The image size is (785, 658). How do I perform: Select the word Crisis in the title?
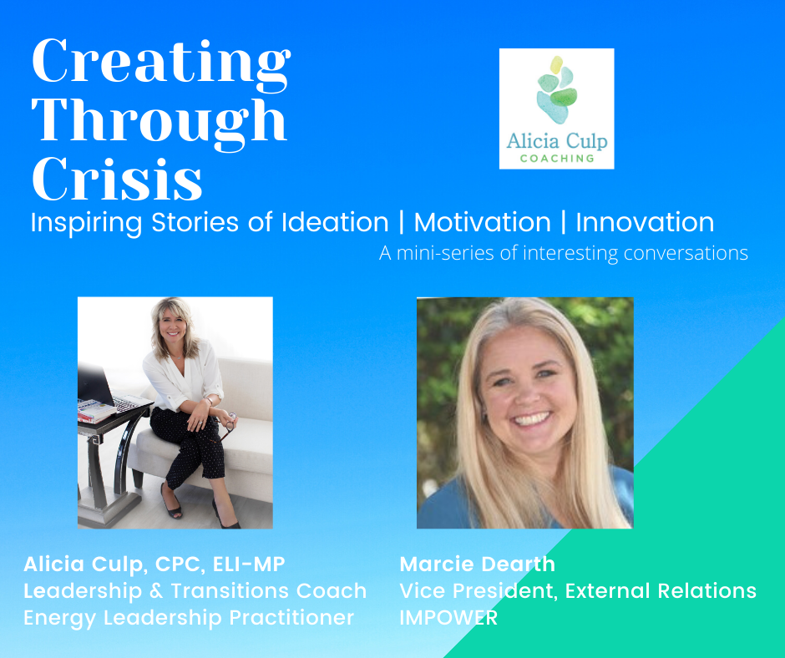pyautogui.click(x=117, y=178)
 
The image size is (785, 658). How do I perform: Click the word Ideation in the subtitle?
pyautogui.click(x=335, y=222)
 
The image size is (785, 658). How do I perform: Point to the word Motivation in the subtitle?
pyautogui.click(x=482, y=222)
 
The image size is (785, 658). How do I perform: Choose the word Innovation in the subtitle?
pyautogui.click(x=645, y=222)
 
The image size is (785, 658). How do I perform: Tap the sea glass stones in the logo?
pyautogui.click(x=557, y=89)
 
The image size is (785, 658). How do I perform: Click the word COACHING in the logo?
pyautogui.click(x=557, y=159)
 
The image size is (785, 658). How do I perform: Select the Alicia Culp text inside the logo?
pyautogui.click(x=557, y=141)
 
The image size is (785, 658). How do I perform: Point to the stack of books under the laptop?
pyautogui.click(x=96, y=411)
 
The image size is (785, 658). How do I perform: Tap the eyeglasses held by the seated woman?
pyautogui.click(x=229, y=425)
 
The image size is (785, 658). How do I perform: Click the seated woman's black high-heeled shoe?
pyautogui.click(x=170, y=502)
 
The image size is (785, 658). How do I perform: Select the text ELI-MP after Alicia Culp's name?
pyautogui.click(x=249, y=564)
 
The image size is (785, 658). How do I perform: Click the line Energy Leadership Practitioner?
pyautogui.click(x=189, y=617)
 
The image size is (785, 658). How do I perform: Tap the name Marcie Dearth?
pyautogui.click(x=477, y=564)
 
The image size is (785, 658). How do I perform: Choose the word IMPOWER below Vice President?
pyautogui.click(x=448, y=617)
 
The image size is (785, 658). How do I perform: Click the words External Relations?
pyautogui.click(x=661, y=591)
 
